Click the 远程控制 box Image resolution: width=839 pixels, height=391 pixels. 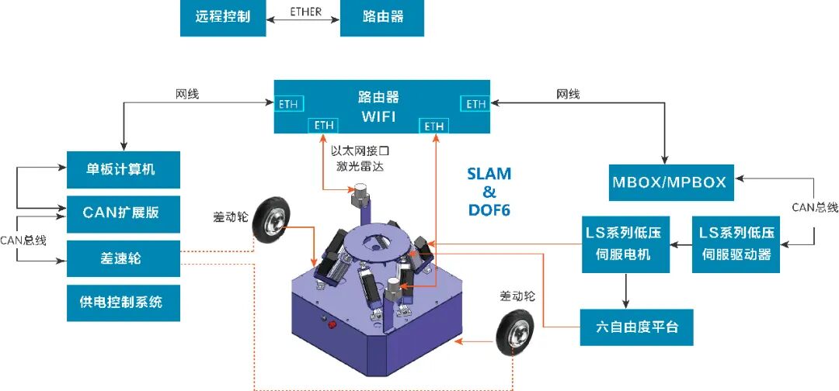pyautogui.click(x=222, y=17)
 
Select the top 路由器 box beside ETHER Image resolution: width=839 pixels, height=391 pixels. pyautogui.click(x=382, y=17)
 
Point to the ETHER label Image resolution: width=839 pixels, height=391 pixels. pyautogui.click(x=305, y=12)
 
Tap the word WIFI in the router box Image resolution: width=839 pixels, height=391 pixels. pyautogui.click(x=378, y=116)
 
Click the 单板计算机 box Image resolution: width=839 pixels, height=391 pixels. pyautogui.click(x=123, y=169)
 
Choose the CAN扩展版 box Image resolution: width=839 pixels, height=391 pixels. pyautogui.click(x=123, y=212)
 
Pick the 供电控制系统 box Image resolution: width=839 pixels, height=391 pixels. pyautogui.click(x=123, y=302)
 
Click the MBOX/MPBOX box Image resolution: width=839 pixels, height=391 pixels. pyautogui.click(x=669, y=182)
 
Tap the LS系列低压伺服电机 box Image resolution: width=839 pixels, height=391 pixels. pyautogui.click(x=626, y=244)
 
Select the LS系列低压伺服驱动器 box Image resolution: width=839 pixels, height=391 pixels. pyautogui.click(x=735, y=244)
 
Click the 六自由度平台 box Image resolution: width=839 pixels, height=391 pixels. pyautogui.click(x=636, y=327)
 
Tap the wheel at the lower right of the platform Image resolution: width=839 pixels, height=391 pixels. pyautogui.click(x=515, y=333)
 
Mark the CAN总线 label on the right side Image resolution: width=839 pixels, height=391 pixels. pyautogui.click(x=815, y=207)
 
